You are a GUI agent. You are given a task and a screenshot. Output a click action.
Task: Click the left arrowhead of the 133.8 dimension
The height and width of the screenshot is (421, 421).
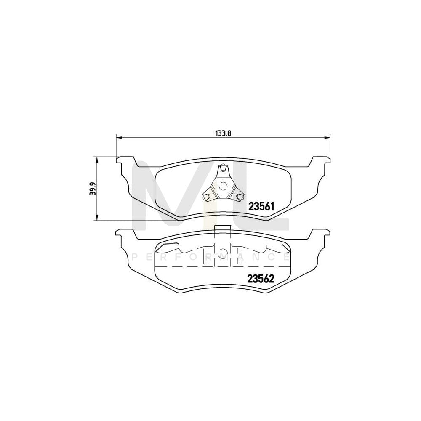(118, 137)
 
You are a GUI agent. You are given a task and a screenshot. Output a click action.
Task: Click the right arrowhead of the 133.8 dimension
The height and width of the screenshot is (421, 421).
(328, 137)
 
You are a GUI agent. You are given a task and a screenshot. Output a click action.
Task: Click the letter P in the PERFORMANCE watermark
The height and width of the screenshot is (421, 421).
(135, 256)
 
